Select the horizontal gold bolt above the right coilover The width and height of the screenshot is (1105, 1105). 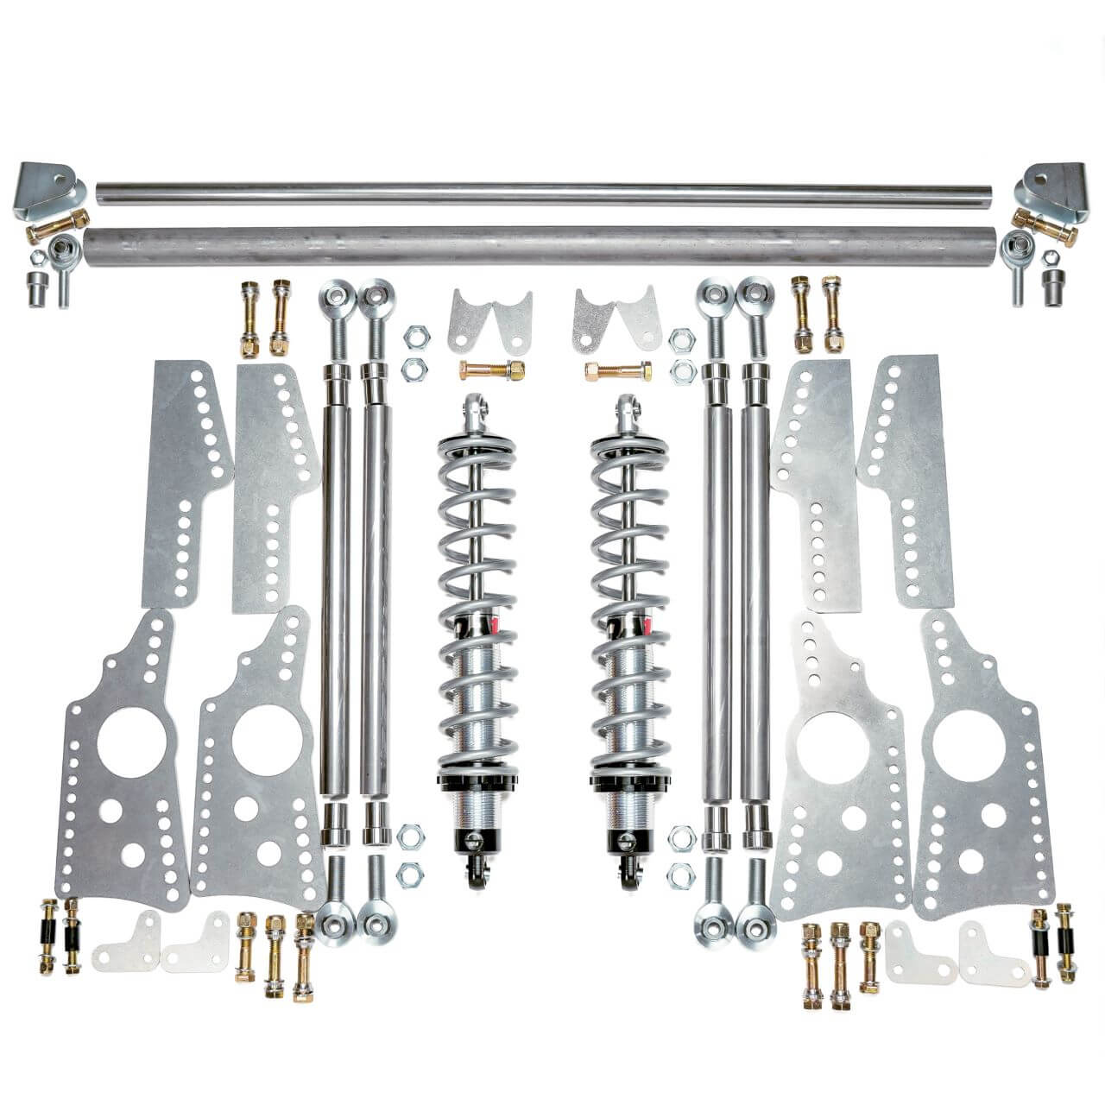616,371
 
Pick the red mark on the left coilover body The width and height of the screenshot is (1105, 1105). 494,622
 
